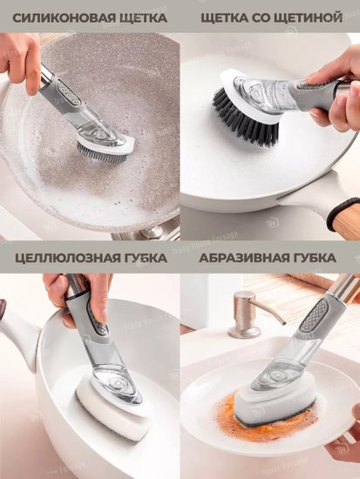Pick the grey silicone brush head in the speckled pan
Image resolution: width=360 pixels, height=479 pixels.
click(103, 152)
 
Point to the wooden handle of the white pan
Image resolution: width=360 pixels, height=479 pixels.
click(347, 219)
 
